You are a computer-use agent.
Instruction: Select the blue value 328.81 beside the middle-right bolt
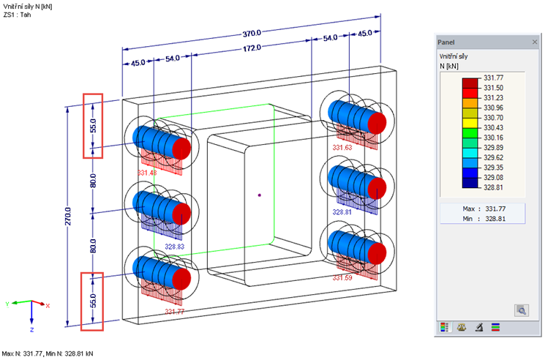pos(342,212)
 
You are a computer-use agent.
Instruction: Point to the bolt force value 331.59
pos(342,278)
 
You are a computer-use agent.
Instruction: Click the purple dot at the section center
pos(260,195)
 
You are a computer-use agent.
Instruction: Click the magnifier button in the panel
pos(522,310)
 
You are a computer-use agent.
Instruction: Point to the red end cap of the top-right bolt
pos(377,121)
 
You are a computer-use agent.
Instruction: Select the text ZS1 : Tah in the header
pos(18,14)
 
